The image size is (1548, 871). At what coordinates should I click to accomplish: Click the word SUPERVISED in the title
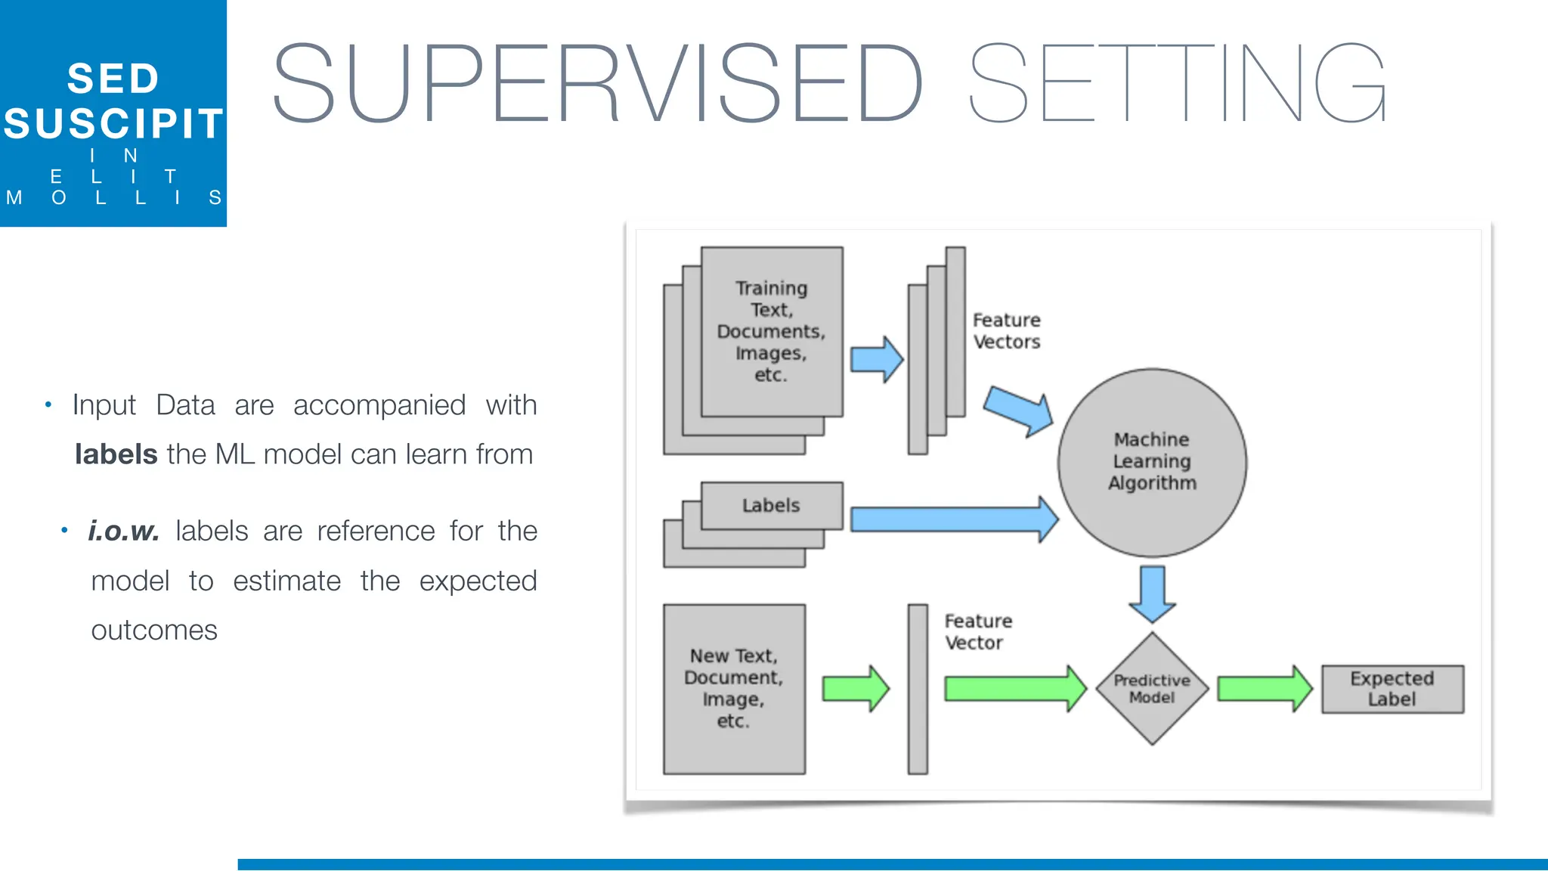coord(597,83)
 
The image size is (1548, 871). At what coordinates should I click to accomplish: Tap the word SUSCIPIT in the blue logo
coord(113,124)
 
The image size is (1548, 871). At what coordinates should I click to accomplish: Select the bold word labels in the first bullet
coord(116,454)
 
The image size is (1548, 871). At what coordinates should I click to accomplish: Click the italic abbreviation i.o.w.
coord(123,531)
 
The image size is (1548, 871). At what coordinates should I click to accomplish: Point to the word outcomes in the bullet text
coord(154,631)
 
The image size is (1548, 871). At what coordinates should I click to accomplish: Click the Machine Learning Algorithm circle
coord(1152,462)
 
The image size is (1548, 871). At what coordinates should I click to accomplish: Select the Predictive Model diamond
coord(1152,688)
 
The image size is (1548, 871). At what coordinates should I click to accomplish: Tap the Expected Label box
coord(1392,689)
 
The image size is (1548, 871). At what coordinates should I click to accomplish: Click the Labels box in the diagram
coord(771,505)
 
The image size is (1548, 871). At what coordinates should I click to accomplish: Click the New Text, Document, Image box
coord(733,688)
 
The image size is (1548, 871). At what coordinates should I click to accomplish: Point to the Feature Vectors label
coord(1006,331)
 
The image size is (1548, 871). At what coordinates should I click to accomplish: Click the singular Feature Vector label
coord(977,632)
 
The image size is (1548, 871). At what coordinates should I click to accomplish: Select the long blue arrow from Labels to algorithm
coord(952,519)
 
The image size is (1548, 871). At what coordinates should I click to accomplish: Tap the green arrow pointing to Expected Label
coord(1264,689)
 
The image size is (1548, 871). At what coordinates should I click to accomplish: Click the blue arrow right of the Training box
coord(876,359)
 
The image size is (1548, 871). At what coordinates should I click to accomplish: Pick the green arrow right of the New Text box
coord(855,689)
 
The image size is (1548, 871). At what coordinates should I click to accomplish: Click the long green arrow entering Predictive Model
coord(1013,689)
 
